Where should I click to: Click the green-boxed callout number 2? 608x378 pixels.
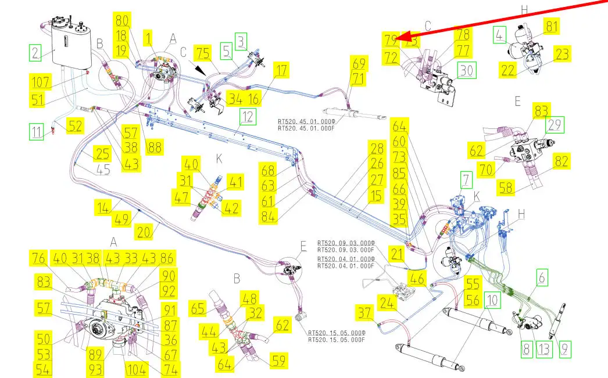(x=35, y=52)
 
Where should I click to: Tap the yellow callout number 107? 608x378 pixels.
(x=40, y=82)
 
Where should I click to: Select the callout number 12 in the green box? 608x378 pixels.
(x=248, y=117)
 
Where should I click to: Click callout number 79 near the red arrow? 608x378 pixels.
(x=391, y=39)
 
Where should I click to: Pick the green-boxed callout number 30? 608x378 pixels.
(x=467, y=70)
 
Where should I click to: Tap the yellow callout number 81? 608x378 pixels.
(x=551, y=26)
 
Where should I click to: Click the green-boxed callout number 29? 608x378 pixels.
(x=555, y=125)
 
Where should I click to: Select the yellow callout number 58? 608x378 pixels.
(x=506, y=188)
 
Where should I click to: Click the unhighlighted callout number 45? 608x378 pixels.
(x=103, y=169)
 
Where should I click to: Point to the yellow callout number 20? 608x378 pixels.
(x=144, y=232)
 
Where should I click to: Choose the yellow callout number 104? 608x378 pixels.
(x=137, y=369)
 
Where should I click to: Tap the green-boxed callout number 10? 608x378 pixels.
(x=492, y=300)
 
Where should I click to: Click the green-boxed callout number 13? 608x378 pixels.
(x=543, y=349)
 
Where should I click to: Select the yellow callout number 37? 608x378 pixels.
(x=364, y=312)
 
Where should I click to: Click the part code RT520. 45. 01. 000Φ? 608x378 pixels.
(x=306, y=121)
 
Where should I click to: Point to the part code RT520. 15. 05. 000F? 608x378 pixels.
(x=337, y=340)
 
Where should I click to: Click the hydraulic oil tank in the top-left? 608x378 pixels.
(x=71, y=45)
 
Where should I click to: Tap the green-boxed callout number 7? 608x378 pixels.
(x=466, y=179)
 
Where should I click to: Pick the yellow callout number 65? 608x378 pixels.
(x=198, y=309)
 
